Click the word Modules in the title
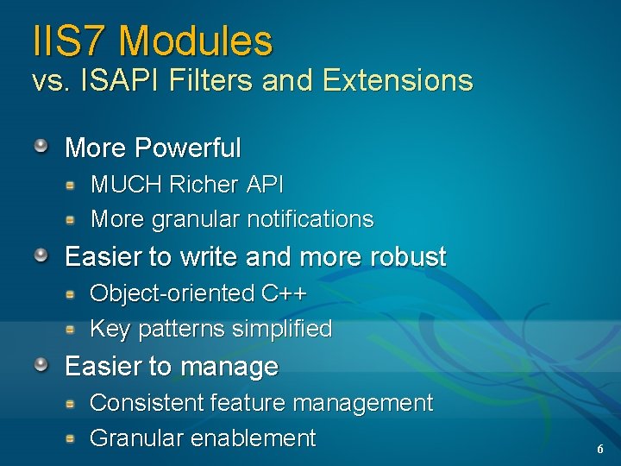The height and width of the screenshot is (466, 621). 196,41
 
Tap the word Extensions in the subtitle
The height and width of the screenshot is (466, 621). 398,80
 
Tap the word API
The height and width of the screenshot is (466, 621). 265,184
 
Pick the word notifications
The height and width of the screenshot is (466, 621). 310,219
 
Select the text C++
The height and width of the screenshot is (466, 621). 284,293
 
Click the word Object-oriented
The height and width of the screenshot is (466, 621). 172,293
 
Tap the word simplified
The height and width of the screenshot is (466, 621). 285,329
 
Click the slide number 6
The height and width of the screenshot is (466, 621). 600,450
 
